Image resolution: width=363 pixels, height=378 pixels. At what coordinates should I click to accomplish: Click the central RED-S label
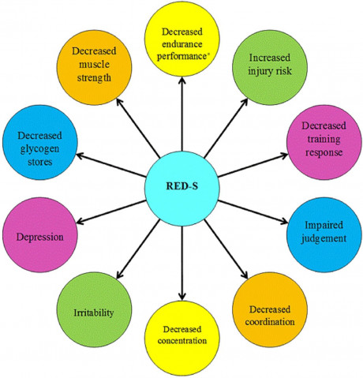click(181, 186)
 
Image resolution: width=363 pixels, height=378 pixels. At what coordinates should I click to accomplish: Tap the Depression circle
click(40, 235)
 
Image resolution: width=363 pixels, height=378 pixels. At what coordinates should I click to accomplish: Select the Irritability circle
click(94, 309)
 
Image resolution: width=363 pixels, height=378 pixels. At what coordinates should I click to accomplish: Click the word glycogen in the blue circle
click(39, 149)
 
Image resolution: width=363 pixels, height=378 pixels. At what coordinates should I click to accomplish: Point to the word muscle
click(94, 64)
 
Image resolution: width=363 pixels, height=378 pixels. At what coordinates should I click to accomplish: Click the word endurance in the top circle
click(182, 43)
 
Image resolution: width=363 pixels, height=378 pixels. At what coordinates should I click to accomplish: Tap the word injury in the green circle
click(259, 72)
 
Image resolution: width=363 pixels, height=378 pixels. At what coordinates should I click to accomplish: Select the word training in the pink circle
click(324, 139)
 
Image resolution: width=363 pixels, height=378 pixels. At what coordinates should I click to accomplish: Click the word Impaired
click(324, 225)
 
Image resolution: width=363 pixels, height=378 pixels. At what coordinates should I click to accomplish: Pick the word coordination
click(270, 322)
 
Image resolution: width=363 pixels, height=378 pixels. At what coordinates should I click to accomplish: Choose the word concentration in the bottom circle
click(182, 341)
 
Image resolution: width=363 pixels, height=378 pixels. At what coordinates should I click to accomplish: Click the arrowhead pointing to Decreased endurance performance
click(182, 80)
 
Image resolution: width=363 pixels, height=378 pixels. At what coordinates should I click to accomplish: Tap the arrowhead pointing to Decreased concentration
click(182, 296)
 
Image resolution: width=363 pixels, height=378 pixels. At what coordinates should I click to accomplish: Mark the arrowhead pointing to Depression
click(80, 222)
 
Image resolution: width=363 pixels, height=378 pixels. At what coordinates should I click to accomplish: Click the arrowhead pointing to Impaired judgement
click(284, 222)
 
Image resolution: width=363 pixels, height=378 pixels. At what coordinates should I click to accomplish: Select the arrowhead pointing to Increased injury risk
click(245, 102)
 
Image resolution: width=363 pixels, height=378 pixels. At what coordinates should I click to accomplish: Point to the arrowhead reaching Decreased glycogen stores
click(80, 155)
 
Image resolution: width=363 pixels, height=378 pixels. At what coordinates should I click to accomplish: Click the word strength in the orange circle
click(94, 78)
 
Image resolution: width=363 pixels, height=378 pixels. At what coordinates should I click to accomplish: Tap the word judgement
click(324, 239)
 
